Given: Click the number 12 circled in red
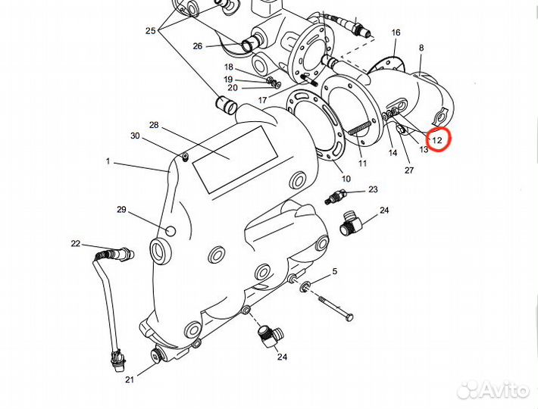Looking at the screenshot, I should click(x=438, y=140).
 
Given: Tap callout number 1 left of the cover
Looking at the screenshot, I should click(x=108, y=161).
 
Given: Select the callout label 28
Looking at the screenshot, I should click(x=154, y=125).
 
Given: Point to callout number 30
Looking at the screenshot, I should click(x=135, y=136).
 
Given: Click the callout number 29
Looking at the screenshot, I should click(x=120, y=209).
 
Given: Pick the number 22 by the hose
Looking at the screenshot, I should click(x=76, y=243).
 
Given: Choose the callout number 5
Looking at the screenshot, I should click(x=334, y=270).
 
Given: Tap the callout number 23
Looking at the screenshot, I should click(x=373, y=189).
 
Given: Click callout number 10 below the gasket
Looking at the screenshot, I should click(x=346, y=179).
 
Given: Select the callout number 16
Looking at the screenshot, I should click(x=396, y=33).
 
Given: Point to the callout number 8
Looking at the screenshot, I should click(x=421, y=48).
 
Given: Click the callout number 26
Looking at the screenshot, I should click(x=198, y=45).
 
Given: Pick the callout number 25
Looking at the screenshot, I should click(x=150, y=31).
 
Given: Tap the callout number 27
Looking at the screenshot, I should click(x=409, y=170).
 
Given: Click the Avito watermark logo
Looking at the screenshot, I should click(x=493, y=389).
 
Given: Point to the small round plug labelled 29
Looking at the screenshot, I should click(x=170, y=230).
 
